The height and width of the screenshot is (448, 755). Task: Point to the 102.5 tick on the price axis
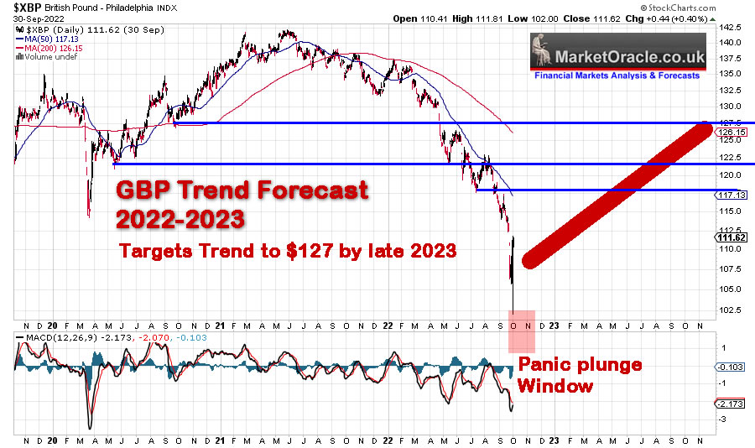729,310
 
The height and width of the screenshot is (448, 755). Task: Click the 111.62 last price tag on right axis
726,237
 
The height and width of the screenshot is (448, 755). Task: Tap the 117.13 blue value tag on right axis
726,195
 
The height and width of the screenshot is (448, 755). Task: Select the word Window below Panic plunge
555,387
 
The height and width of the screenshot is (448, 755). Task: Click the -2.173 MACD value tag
726,404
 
